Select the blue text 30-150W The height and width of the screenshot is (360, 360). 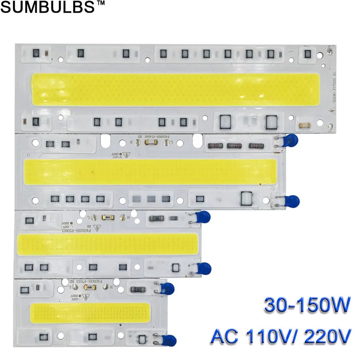coord(307,307)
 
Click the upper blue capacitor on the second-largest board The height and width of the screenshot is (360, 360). coord(291,140)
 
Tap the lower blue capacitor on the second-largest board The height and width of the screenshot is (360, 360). coord(292,200)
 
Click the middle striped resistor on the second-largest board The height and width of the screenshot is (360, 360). coord(235,145)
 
